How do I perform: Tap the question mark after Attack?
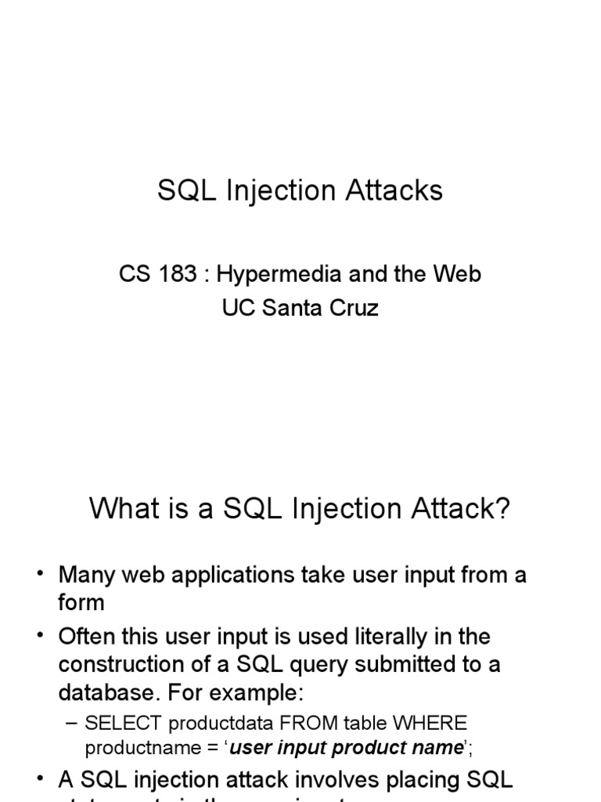click(x=502, y=508)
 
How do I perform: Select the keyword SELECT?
click(x=123, y=723)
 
